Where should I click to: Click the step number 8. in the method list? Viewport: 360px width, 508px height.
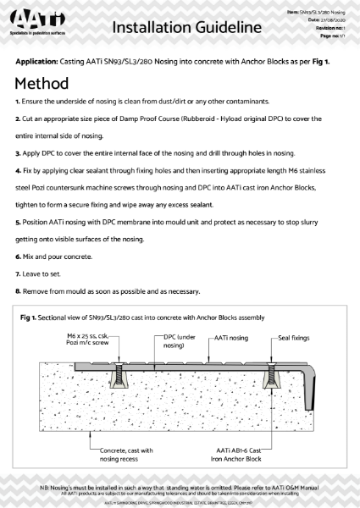click(18, 292)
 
